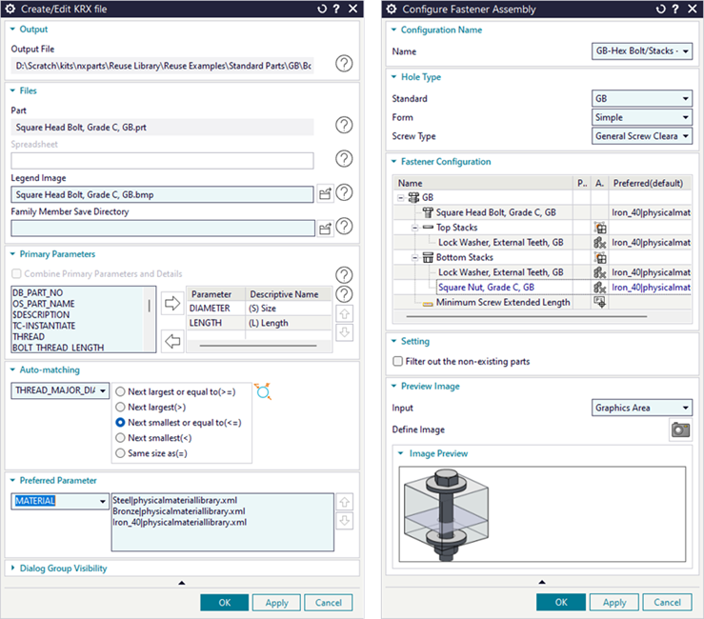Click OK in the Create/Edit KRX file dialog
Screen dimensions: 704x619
[224, 603]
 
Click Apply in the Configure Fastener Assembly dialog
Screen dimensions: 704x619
[614, 603]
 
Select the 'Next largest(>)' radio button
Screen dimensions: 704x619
[120, 408]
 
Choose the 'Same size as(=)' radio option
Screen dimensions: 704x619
[120, 453]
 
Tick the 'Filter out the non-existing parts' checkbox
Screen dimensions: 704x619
[398, 361]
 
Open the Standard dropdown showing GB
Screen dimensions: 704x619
[641, 98]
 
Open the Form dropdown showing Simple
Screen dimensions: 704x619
[641, 117]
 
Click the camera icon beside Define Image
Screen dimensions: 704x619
[680, 430]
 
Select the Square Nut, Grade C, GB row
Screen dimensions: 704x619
[486, 288]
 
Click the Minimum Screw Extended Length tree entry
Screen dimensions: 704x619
[503, 302]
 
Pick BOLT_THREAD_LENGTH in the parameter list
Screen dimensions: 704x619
[58, 348]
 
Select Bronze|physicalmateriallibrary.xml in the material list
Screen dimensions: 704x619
[179, 511]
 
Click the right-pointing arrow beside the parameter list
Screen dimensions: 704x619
[172, 304]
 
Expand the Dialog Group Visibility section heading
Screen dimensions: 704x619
[63, 569]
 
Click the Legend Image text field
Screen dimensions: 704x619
[162, 195]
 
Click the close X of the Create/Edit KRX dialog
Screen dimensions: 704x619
[353, 9]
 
